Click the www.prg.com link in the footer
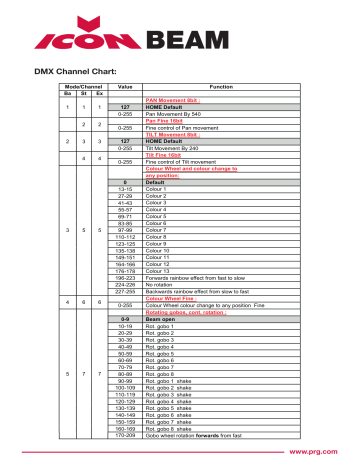tap(317, 452)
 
